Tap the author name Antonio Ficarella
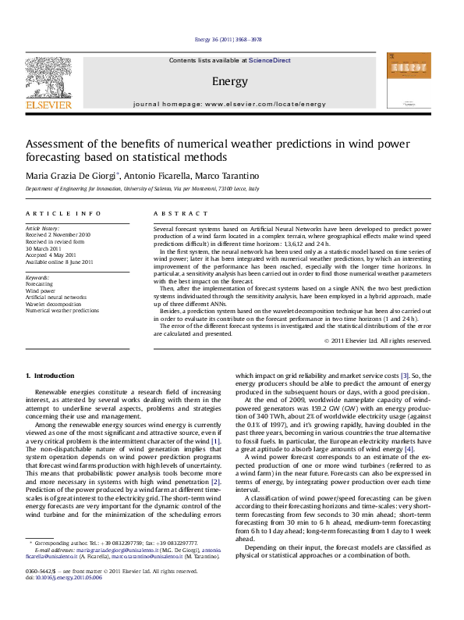pos(154,176)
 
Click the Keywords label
pos(39,277)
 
